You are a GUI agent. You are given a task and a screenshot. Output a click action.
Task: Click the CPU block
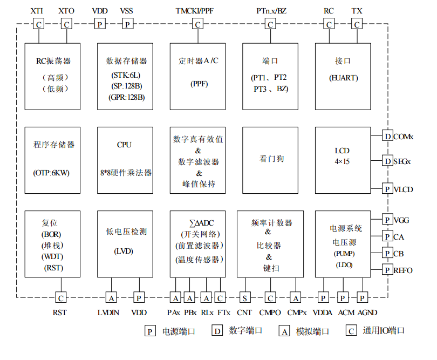tap(125, 160)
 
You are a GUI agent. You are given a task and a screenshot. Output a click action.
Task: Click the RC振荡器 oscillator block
tap(53, 76)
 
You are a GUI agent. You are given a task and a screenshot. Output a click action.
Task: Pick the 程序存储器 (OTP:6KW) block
tap(53, 160)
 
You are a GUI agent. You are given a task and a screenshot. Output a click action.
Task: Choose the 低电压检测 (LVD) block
tap(125, 243)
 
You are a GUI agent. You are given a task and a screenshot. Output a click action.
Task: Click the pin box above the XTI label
tap(38, 24)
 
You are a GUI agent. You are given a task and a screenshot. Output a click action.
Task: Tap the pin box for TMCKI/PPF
tap(198, 24)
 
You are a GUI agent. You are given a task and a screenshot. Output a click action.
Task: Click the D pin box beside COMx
tap(387, 136)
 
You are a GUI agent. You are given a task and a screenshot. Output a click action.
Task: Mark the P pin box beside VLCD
tap(387, 188)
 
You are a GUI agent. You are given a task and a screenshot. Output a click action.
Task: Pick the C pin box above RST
tap(61, 297)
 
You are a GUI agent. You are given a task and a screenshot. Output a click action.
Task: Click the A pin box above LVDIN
tap(111, 297)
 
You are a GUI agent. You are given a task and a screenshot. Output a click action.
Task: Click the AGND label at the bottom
tap(367, 312)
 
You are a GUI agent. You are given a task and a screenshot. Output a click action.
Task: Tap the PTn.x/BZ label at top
tap(271, 11)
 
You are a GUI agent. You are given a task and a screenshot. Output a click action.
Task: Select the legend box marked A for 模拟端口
tap(284, 331)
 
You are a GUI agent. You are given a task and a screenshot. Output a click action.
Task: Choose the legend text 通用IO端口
tap(383, 331)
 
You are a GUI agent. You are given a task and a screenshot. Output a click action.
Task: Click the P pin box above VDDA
tap(323, 297)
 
